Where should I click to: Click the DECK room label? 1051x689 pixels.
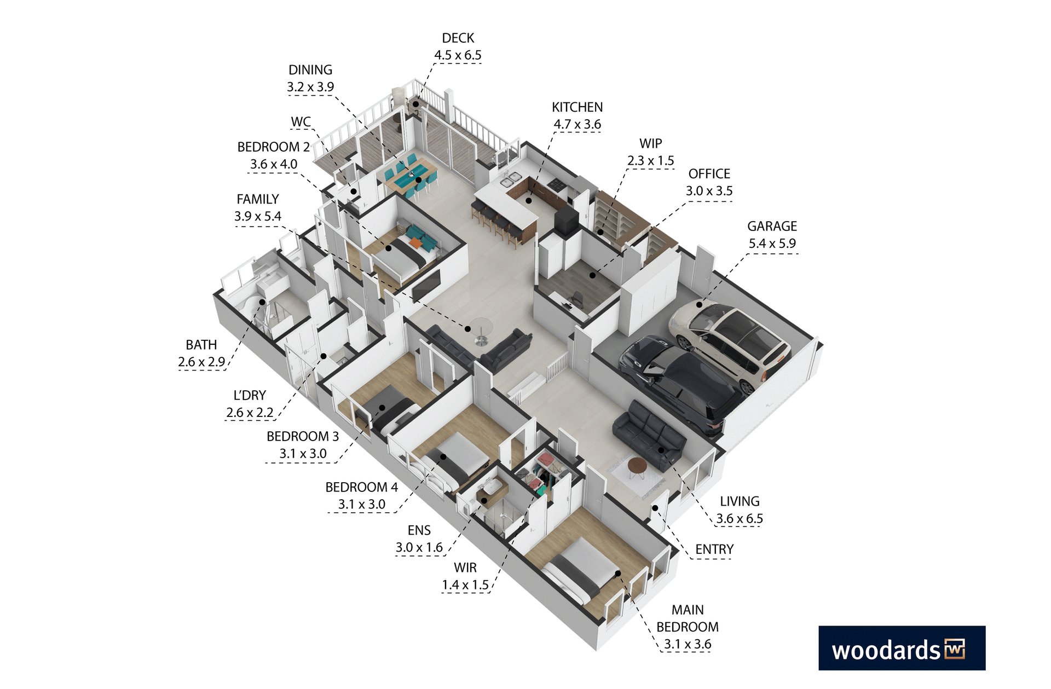(x=458, y=38)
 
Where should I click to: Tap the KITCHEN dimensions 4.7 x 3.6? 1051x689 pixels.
(x=577, y=124)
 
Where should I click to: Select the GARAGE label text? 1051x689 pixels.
(x=772, y=226)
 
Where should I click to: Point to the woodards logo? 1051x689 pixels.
(x=902, y=648)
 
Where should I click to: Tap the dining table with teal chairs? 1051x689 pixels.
(x=411, y=176)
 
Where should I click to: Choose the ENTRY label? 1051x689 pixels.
(x=714, y=549)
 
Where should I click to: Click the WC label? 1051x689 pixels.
(x=301, y=121)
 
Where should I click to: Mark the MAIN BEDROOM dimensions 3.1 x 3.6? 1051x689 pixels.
(x=688, y=644)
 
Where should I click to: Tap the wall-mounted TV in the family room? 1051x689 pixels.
(x=426, y=286)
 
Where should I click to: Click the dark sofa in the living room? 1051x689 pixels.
(x=649, y=435)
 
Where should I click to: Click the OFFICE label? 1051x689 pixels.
(x=709, y=174)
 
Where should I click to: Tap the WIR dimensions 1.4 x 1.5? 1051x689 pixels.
(x=465, y=585)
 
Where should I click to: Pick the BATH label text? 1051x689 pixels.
(x=201, y=345)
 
